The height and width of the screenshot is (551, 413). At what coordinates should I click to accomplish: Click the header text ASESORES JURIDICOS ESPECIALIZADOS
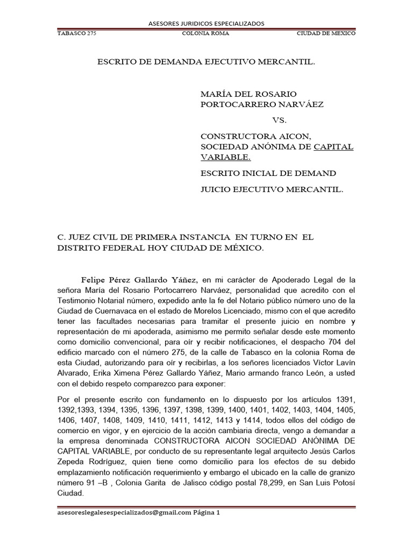tap(206, 24)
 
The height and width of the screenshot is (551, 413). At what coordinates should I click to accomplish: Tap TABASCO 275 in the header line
tap(76, 33)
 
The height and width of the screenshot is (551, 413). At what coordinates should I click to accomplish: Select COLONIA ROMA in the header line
tap(206, 33)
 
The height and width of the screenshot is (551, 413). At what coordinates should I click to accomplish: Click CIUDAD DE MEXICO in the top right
tap(326, 33)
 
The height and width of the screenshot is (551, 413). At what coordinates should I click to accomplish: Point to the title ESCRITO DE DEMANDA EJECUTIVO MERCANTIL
tap(206, 62)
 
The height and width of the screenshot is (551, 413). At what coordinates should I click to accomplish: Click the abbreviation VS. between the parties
tap(280, 120)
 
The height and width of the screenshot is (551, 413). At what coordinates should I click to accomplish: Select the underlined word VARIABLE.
tap(225, 158)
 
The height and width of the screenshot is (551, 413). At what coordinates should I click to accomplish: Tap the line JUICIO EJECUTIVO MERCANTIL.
tap(271, 189)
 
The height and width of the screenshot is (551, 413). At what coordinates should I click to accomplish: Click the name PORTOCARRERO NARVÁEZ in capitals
tap(262, 104)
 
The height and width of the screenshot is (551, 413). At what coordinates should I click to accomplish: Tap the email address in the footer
tap(124, 513)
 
